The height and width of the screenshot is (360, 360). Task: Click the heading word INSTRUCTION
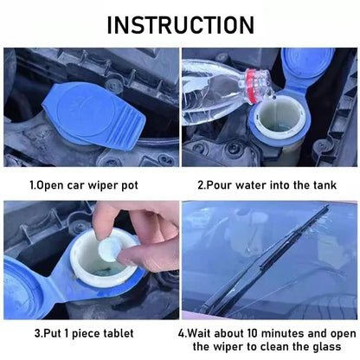pos(180,23)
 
